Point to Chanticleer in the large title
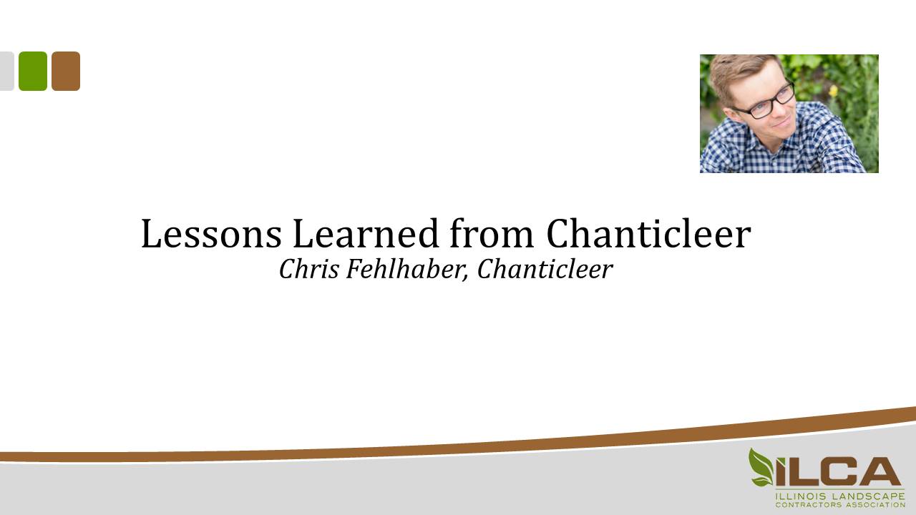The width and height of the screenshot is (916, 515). (x=648, y=234)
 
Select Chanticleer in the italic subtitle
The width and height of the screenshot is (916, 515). (x=545, y=269)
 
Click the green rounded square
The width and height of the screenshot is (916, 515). (x=33, y=71)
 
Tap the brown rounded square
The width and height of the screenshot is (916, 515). (x=66, y=71)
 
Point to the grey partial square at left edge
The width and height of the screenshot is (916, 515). (x=6, y=71)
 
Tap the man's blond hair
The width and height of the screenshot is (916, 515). (x=744, y=68)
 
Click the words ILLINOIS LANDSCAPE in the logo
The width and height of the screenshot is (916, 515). (x=839, y=496)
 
